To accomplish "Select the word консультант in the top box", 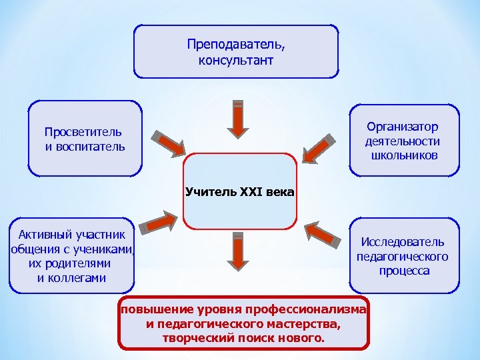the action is [236, 61].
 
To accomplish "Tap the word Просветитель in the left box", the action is [83, 132].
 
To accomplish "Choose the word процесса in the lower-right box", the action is [404, 271].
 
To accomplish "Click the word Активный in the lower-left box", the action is [43, 234].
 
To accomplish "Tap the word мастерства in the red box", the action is [295, 324].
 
